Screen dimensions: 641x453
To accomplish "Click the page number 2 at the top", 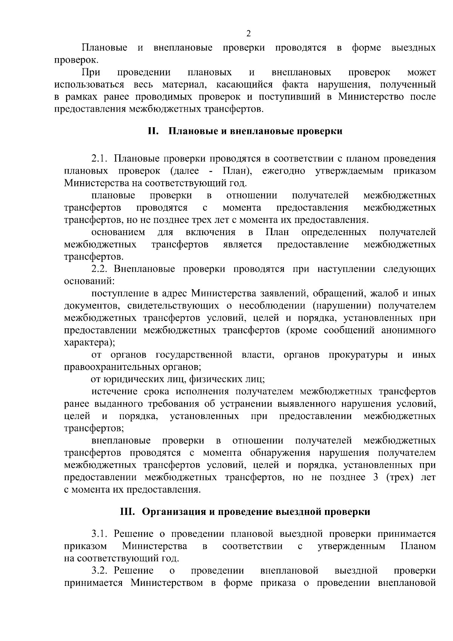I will pos(248,34).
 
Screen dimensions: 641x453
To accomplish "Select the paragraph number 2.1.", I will pos(99,158).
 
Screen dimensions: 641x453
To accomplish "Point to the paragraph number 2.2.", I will pos(100,269).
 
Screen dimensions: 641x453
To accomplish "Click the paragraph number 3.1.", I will pos(100,534).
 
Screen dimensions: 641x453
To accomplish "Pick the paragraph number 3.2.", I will pos(100,570).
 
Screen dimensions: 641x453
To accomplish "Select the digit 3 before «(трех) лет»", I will pos(375,477).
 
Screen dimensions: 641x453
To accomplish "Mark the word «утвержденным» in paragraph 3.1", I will pos(351,546).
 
